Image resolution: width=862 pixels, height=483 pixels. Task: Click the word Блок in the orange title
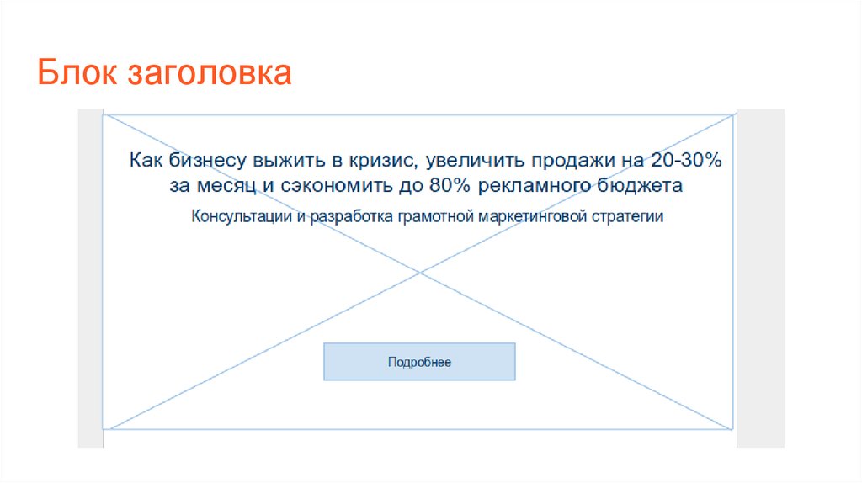point(77,72)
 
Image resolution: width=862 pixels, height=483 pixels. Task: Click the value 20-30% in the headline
point(686,160)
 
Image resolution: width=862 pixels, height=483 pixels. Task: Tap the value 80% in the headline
point(450,185)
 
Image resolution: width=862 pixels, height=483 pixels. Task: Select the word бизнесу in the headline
point(207,160)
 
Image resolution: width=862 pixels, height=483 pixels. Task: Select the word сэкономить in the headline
point(337,186)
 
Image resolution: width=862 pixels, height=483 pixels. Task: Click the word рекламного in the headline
point(533,187)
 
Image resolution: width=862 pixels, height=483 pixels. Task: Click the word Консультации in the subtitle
point(242,216)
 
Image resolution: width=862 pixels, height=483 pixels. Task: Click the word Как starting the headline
point(146,160)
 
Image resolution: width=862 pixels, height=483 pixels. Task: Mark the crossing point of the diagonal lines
point(419,272)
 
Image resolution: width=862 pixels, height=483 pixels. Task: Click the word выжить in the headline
point(289,161)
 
